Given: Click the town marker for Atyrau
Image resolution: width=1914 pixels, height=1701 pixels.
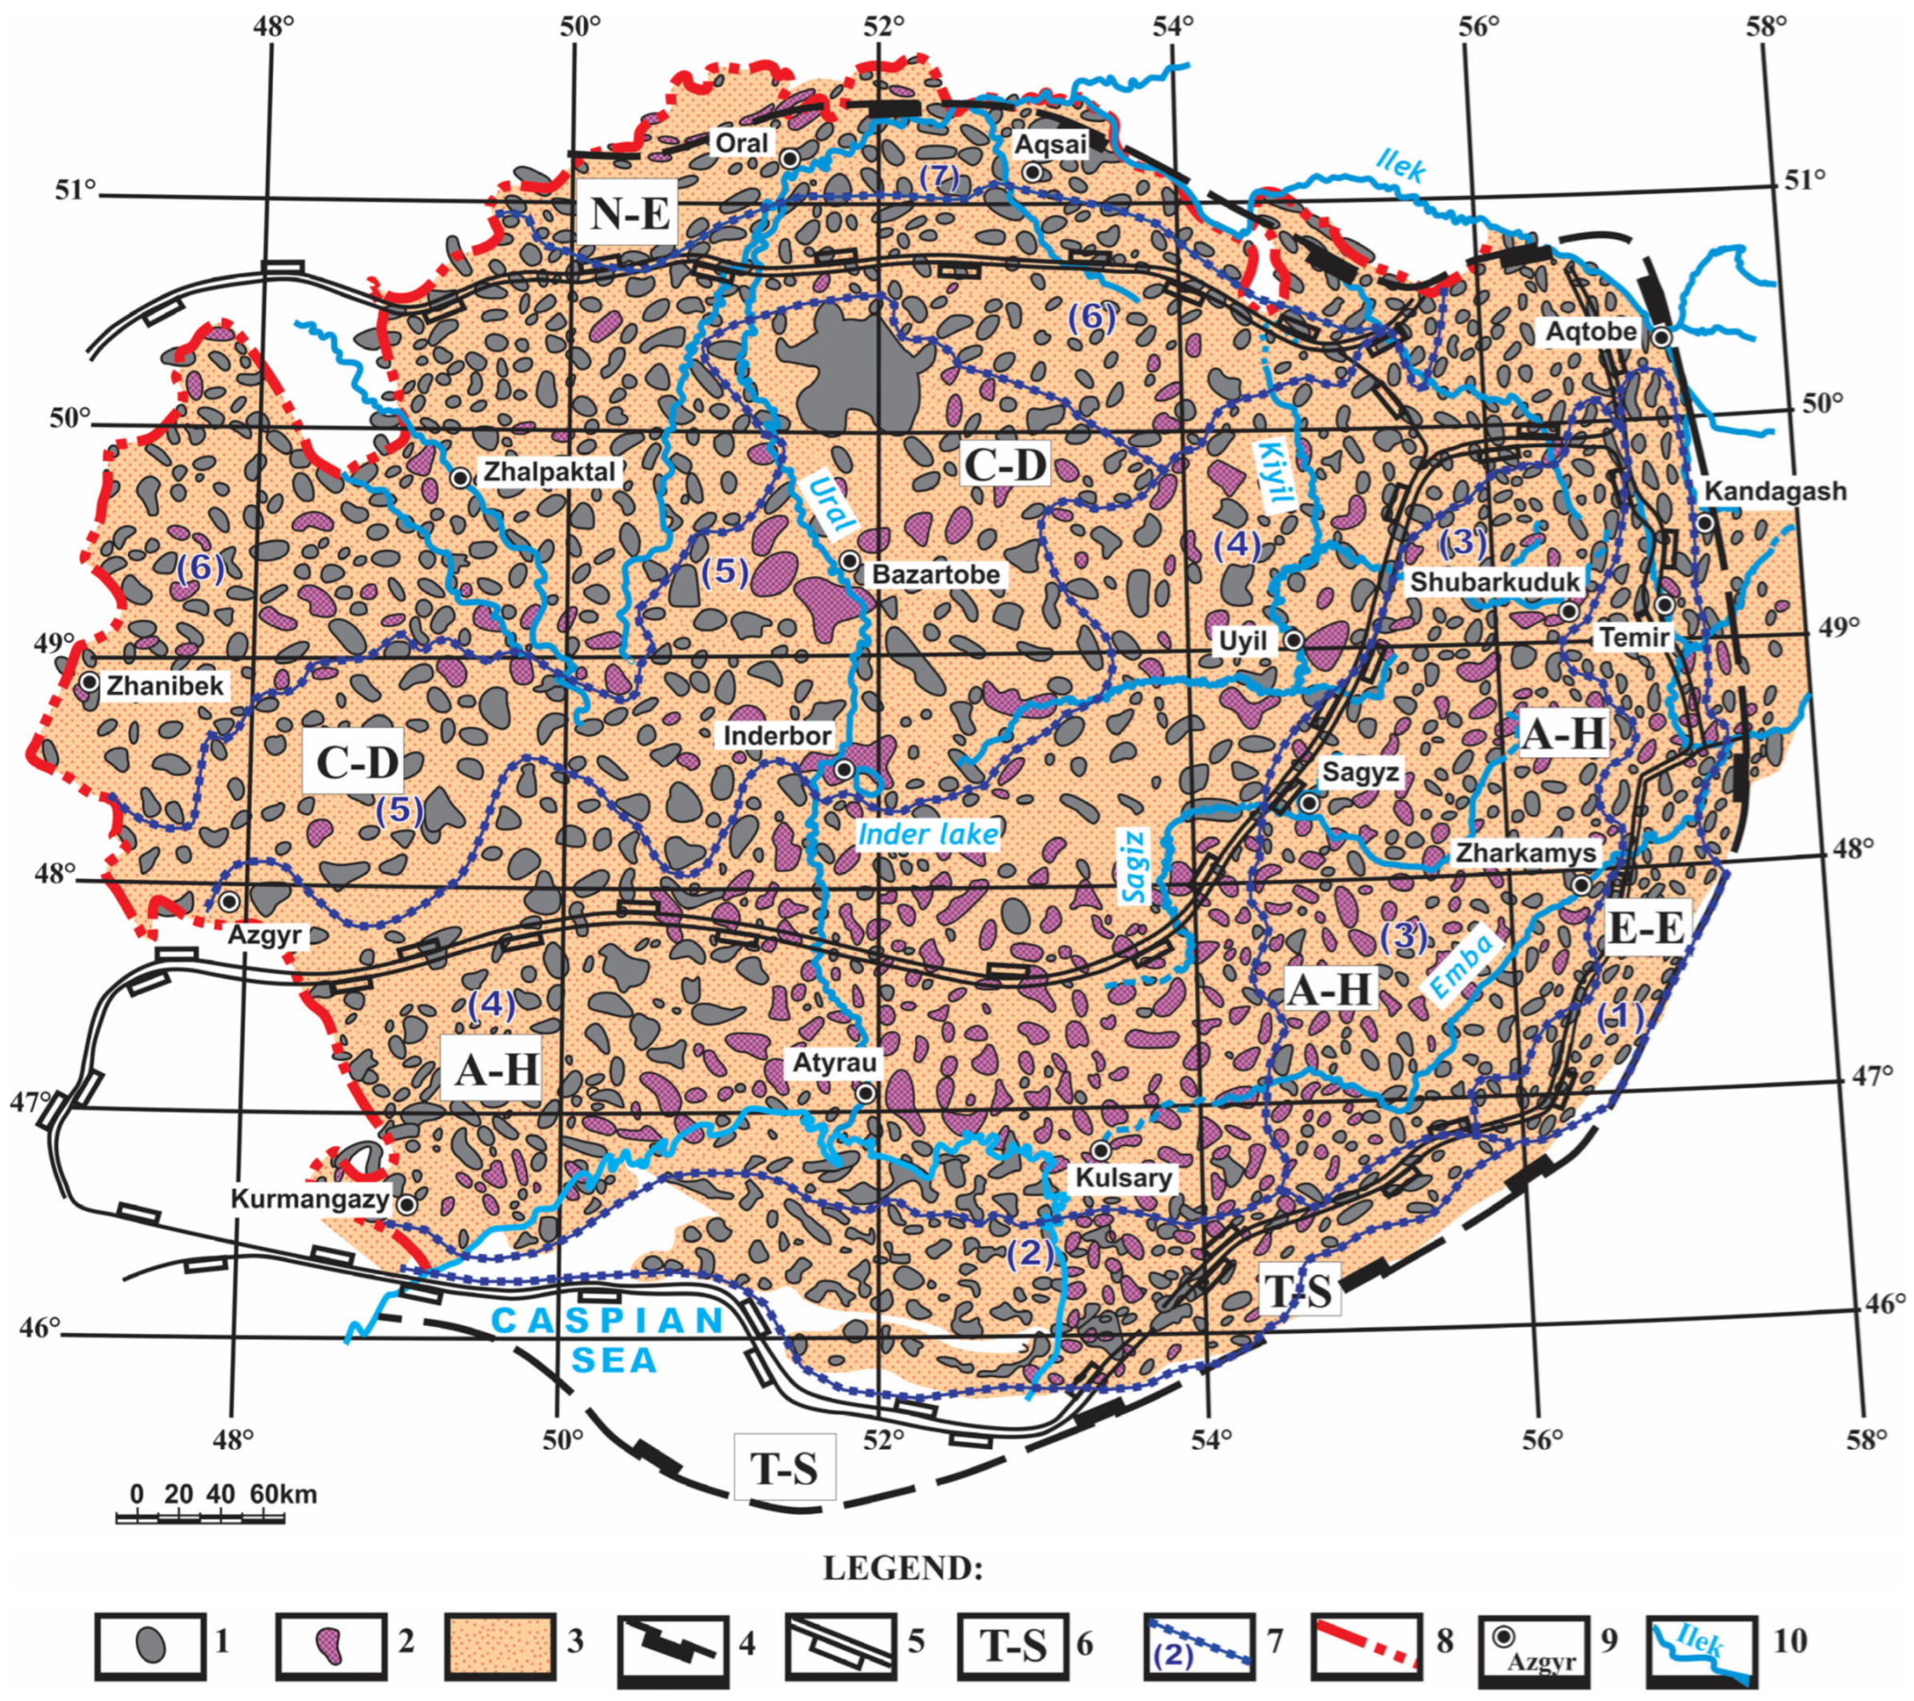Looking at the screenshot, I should click(866, 1092).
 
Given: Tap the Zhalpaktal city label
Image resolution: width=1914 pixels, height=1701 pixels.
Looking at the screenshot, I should click(549, 471).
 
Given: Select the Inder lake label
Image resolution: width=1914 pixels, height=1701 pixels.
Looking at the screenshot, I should click(928, 833).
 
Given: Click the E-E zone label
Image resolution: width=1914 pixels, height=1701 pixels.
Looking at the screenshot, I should click(1646, 927).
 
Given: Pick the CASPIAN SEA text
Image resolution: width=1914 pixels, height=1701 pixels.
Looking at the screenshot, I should click(609, 1340).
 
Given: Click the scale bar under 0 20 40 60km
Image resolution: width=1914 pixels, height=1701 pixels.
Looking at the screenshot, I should click(201, 1518).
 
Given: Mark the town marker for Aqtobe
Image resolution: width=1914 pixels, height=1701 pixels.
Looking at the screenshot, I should click(1661, 337).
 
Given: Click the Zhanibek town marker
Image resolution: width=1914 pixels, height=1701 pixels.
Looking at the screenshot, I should click(89, 682).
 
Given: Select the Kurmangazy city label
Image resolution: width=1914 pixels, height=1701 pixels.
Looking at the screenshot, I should click(310, 1200).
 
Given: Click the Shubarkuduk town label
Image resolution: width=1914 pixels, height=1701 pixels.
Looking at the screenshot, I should click(1495, 581).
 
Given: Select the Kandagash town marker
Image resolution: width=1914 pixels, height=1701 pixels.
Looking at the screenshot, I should click(1705, 522).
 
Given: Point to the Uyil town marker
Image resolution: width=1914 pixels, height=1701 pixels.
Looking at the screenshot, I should click(1293, 641).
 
